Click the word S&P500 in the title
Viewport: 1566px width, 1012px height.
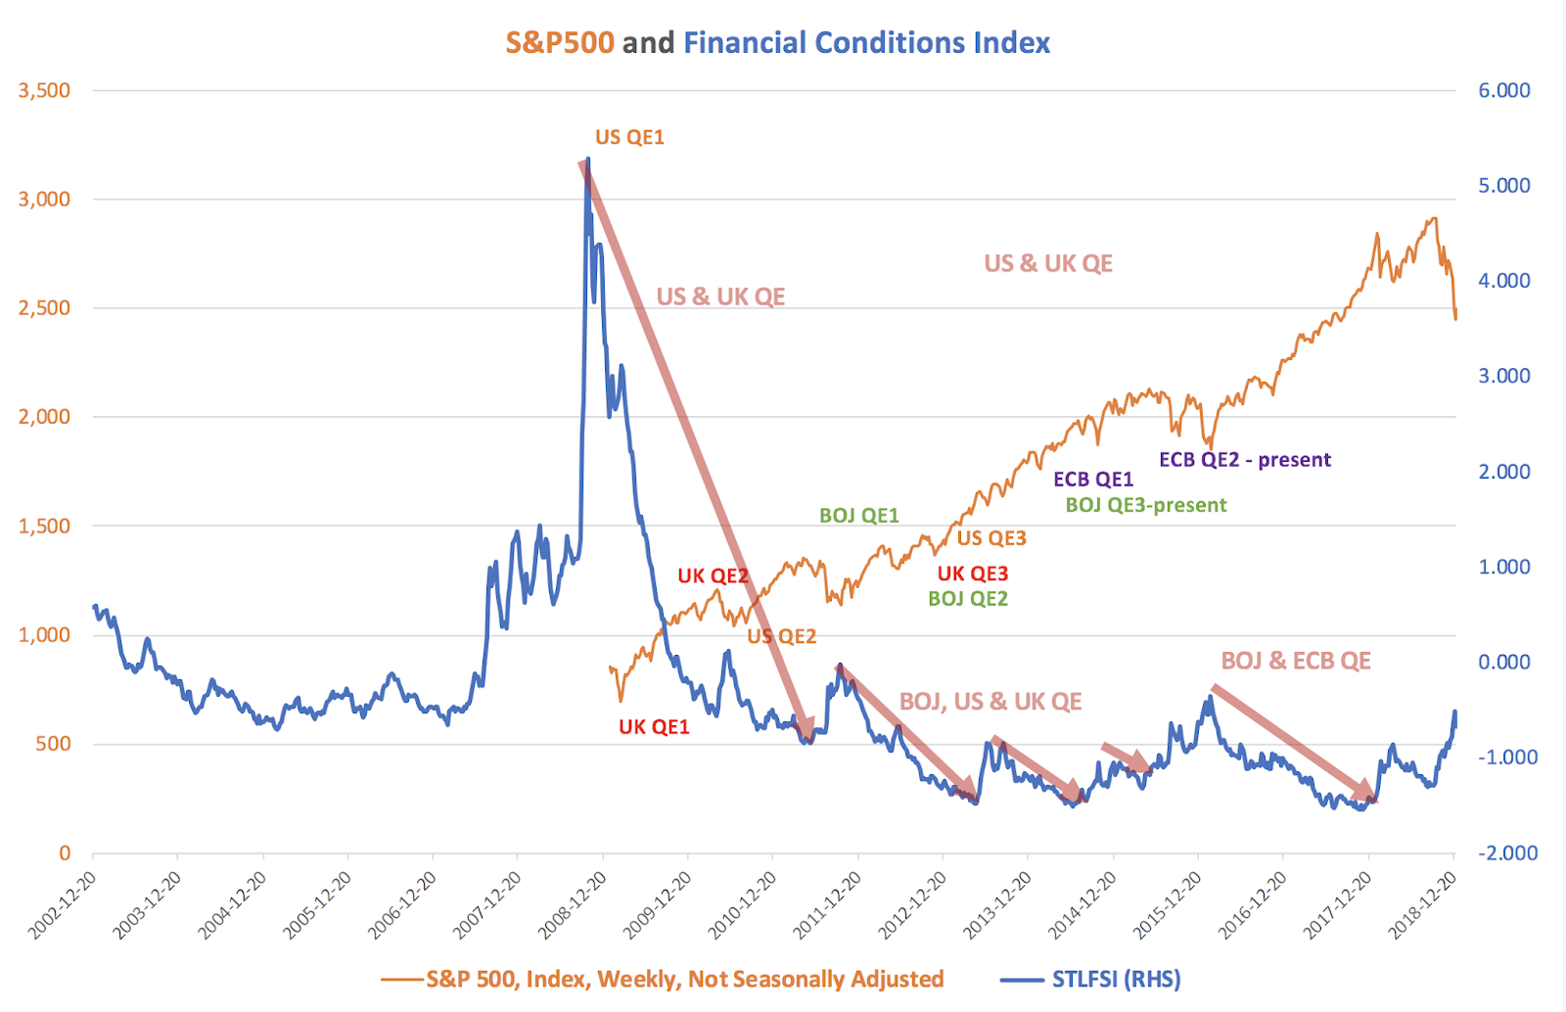559,43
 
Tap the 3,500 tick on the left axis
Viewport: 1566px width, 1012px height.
45,90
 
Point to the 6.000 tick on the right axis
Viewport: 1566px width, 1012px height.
1503,90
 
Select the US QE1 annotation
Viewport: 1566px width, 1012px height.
629,137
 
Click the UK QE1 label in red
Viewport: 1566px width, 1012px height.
654,727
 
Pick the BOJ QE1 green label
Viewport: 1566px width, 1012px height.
858,516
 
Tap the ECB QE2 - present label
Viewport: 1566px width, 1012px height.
1244,460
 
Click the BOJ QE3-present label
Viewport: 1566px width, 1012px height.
1145,505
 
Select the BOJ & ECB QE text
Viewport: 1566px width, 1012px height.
1295,661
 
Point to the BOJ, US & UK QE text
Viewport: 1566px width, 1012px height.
990,702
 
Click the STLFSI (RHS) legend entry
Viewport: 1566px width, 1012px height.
1116,979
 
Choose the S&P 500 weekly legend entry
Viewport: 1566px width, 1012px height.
684,979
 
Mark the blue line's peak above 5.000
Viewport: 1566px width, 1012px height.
587,160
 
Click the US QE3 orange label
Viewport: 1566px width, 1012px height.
990,538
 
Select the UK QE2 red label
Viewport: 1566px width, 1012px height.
713,575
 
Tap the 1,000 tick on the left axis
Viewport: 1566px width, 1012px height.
45,634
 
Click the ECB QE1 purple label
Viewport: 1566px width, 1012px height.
1092,480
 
